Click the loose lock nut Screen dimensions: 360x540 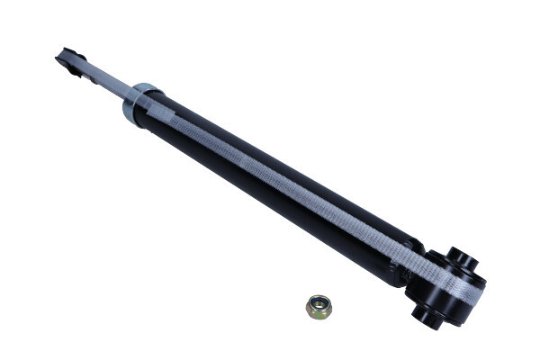(x=319, y=308)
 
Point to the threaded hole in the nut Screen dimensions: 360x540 (x=319, y=305)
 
